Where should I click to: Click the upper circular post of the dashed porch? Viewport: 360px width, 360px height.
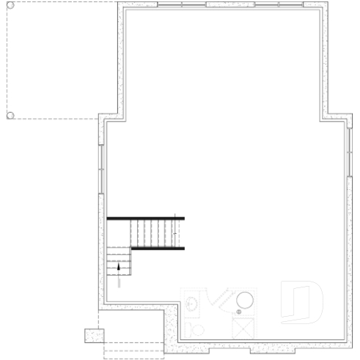[x=10, y=7]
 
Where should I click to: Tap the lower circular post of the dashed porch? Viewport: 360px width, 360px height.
[x=10, y=115]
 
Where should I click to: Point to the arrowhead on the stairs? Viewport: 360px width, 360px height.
[x=118, y=267]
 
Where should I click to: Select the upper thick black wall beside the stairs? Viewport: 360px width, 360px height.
[x=145, y=218]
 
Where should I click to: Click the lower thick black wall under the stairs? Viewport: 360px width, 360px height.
[x=158, y=249]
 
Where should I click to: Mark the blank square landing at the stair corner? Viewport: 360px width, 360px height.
[x=120, y=233]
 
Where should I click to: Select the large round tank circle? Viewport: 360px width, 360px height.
[x=246, y=301]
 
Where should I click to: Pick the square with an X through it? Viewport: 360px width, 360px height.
[x=243, y=329]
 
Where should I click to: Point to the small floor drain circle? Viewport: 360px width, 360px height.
[x=238, y=313]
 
